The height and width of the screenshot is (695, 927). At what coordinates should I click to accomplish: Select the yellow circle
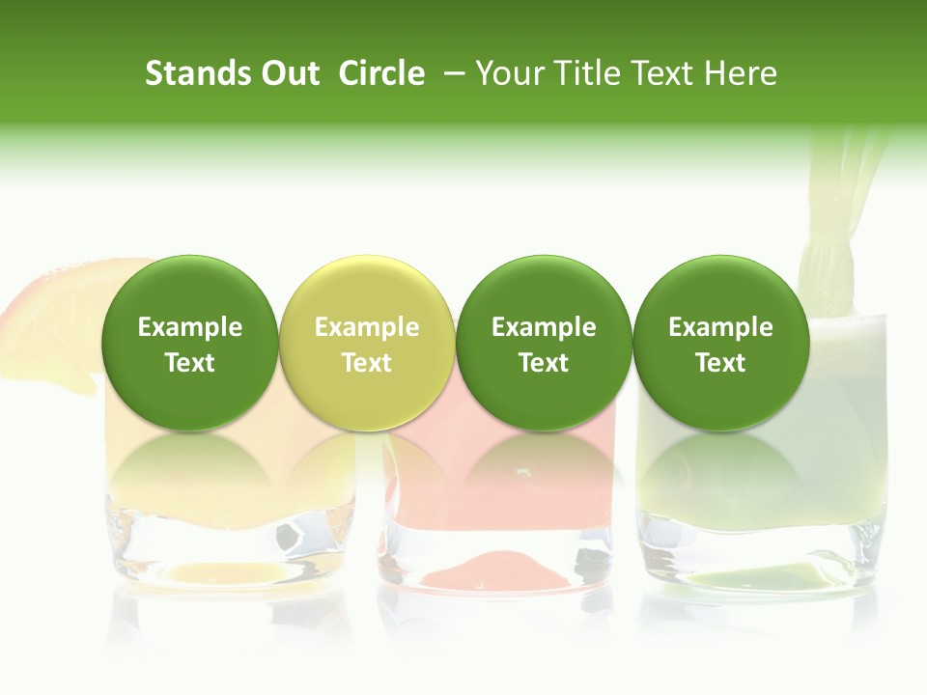[x=367, y=343]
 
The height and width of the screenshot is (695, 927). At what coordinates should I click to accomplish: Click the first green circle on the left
[x=190, y=343]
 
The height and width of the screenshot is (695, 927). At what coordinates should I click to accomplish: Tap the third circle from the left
[x=544, y=343]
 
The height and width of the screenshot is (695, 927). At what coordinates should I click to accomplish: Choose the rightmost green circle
[x=721, y=343]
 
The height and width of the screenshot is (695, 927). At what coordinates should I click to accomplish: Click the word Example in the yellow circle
[x=367, y=327]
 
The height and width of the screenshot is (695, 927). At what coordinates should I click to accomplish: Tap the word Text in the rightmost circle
[x=721, y=363]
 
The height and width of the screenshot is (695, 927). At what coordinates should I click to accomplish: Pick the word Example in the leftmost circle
[x=190, y=327]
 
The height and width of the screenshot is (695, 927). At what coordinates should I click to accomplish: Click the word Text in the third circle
[x=544, y=363]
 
